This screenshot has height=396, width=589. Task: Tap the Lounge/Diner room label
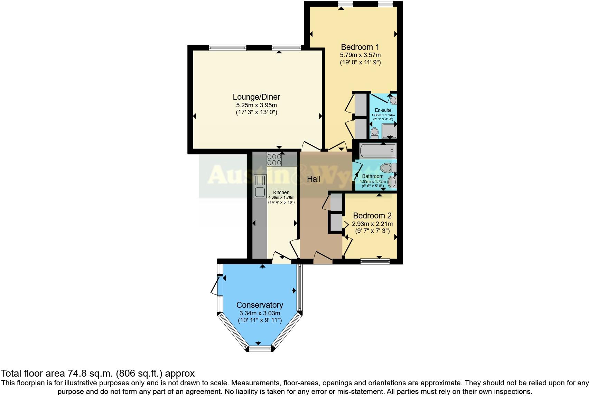click(256, 97)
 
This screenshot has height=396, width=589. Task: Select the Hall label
click(314, 179)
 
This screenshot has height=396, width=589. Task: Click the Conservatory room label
click(260, 305)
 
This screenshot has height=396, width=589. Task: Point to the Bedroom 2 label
click(372, 216)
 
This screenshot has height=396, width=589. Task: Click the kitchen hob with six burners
click(274, 159)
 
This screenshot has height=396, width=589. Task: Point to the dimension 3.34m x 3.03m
click(260, 313)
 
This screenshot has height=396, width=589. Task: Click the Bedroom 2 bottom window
click(375, 262)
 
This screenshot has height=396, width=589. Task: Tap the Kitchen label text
click(281, 192)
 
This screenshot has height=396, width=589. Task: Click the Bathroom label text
click(373, 176)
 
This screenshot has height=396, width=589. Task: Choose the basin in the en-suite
click(393, 101)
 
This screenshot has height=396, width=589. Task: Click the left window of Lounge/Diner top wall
click(227, 48)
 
